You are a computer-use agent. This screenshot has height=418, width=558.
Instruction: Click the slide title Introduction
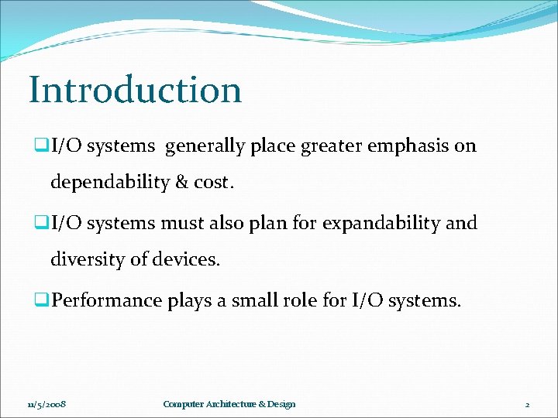point(136,90)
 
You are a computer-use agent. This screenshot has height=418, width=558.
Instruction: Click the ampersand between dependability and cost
point(182,183)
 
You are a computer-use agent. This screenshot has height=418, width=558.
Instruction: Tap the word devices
point(187,260)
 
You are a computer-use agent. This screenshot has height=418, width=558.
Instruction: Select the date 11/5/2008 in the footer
point(46,404)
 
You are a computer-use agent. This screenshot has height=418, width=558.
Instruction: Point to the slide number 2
point(526,404)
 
